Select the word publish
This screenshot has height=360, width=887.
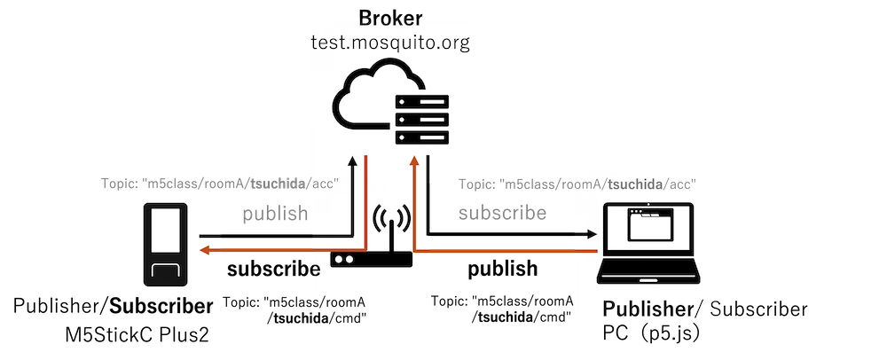[275, 214]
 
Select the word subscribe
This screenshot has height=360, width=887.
[502, 213]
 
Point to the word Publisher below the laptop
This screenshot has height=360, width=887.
[647, 309]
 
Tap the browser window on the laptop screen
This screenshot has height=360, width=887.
[658, 226]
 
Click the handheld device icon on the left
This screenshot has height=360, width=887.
[166, 245]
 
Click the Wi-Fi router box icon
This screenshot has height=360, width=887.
[371, 260]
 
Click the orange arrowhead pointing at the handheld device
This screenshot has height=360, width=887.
[204, 251]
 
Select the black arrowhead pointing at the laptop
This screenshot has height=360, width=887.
[590, 235]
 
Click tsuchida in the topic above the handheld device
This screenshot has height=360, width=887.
[278, 184]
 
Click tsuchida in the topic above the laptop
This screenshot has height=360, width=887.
[632, 184]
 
